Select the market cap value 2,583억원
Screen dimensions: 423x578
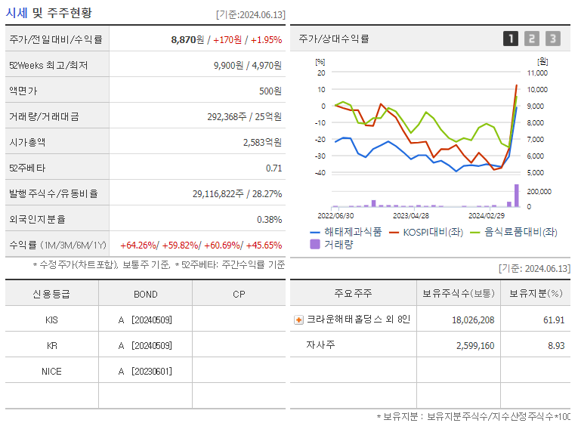(x=262, y=142)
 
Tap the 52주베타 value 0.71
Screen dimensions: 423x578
(x=274, y=168)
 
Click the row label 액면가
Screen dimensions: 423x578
(x=23, y=91)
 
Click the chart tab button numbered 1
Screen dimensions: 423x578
(x=511, y=39)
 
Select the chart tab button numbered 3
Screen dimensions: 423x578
(x=553, y=39)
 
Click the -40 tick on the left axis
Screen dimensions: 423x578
(x=320, y=172)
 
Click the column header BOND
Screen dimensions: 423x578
(x=145, y=293)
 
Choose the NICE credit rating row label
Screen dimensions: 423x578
(x=51, y=371)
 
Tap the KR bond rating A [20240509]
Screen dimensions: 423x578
(x=145, y=345)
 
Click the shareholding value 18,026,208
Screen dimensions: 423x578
(x=473, y=320)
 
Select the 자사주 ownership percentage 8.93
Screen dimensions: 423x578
(x=556, y=345)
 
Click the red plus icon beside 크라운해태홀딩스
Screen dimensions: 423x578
(x=298, y=320)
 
